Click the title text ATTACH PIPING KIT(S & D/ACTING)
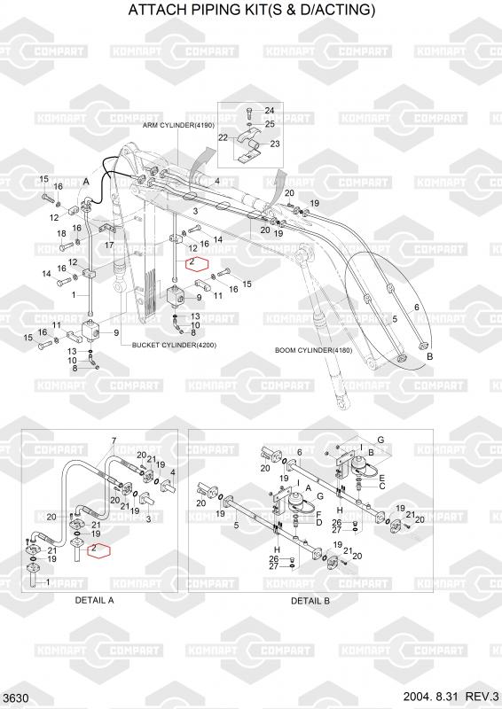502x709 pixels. coord(251,10)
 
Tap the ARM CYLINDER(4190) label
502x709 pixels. coord(178,125)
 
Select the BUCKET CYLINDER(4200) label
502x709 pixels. coord(174,345)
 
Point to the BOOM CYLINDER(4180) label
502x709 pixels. coord(314,350)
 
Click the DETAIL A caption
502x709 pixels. coord(94,601)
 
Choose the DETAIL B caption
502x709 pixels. coord(310,601)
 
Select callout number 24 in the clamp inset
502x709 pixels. coord(270,111)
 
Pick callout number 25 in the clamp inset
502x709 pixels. coord(270,124)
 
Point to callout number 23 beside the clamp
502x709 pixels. coord(275,144)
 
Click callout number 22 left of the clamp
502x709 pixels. coord(224,137)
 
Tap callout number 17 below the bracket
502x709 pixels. coord(109,245)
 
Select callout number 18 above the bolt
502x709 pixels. coord(61,234)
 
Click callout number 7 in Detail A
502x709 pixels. coord(114,440)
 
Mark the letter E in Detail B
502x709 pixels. coord(382,478)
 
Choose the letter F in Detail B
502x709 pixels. coord(318,514)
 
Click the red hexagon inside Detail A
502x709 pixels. coord(98,550)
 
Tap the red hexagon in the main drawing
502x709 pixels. coord(197,263)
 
